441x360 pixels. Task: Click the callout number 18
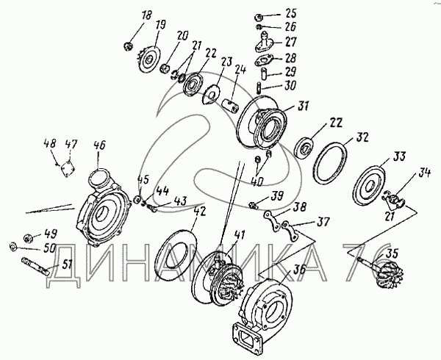(146, 16)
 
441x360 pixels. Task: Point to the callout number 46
(98, 146)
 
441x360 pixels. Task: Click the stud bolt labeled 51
(35, 267)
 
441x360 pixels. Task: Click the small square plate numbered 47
(68, 169)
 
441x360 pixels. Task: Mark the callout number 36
(299, 270)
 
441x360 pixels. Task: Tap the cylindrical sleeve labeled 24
(231, 105)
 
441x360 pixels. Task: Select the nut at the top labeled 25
(259, 17)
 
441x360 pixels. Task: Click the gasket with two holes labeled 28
(264, 61)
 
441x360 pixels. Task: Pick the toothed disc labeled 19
(148, 59)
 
